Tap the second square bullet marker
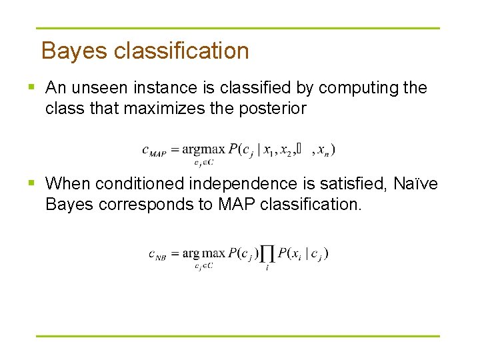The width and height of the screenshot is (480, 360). pyautogui.click(x=32, y=183)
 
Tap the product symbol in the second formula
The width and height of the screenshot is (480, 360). pyautogui.click(x=267, y=254)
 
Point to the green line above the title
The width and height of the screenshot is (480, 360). pyautogui.click(x=238, y=28)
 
